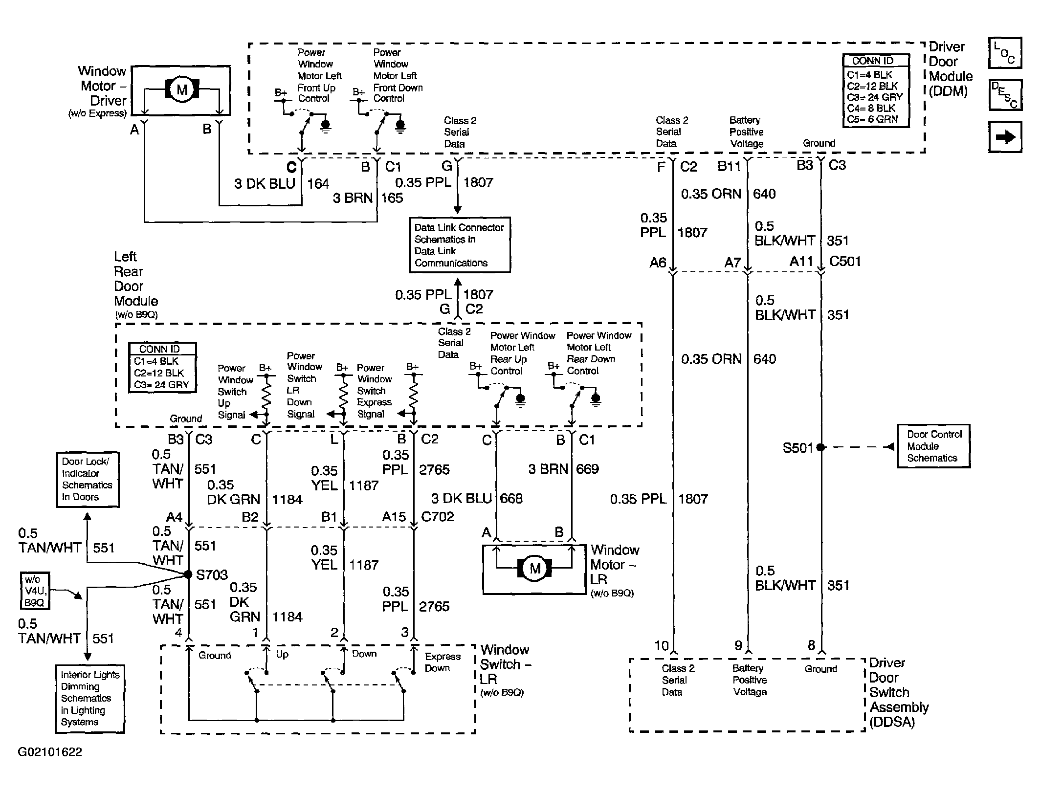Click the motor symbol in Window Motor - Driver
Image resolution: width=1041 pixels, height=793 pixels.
[x=182, y=89]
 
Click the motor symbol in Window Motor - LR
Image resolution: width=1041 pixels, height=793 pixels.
[x=534, y=568]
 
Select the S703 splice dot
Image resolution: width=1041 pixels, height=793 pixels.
[x=188, y=574]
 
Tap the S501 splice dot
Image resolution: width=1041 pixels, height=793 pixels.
[x=820, y=447]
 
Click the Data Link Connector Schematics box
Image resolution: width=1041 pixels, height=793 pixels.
[x=460, y=245]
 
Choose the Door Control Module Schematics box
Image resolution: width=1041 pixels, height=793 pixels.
[x=933, y=446]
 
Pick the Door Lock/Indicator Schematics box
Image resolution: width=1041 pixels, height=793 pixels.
[x=88, y=479]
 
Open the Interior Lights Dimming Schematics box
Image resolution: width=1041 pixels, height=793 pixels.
[x=90, y=699]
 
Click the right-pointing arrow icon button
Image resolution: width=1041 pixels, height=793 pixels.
[x=1005, y=137]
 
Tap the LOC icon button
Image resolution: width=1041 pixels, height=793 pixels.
[x=1005, y=53]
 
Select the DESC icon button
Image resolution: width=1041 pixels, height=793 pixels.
[x=1005, y=95]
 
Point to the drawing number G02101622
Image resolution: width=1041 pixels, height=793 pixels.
[x=50, y=751]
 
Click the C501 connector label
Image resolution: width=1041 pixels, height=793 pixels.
[x=845, y=261]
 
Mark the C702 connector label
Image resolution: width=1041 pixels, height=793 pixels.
[x=438, y=516]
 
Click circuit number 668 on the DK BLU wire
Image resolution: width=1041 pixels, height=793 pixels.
[x=511, y=498]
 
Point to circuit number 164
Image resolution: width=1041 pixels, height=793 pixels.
[x=318, y=184]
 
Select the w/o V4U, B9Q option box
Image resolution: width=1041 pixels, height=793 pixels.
[x=35, y=591]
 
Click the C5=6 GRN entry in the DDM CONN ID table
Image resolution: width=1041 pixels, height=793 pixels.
[x=872, y=119]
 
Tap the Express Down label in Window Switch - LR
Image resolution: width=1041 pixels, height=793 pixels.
[x=443, y=662]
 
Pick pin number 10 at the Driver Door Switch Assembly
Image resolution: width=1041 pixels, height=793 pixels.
[x=662, y=646]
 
